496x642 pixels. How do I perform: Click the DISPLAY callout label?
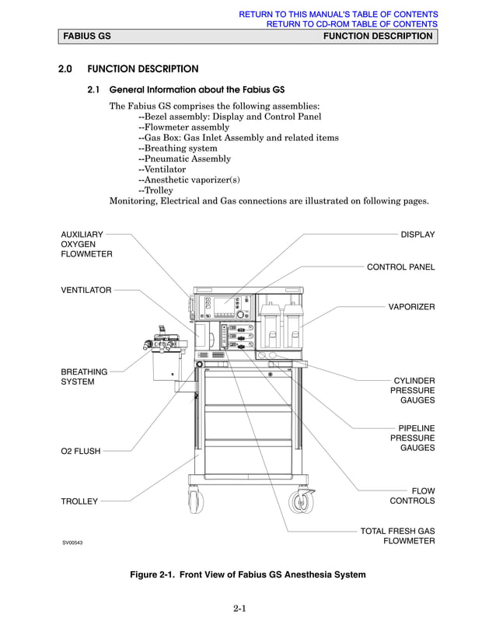tap(417, 235)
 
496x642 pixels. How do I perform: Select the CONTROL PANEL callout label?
tap(400, 267)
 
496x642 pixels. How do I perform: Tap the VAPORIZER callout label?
tap(411, 307)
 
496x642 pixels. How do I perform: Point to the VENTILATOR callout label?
tap(86, 290)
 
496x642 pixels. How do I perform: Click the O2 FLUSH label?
tap(81, 452)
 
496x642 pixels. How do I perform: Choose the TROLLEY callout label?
tap(79, 501)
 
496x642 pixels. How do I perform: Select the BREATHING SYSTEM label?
tap(84, 377)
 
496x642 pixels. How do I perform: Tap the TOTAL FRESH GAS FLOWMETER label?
tap(397, 536)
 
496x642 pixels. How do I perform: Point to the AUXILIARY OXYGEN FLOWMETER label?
tap(86, 244)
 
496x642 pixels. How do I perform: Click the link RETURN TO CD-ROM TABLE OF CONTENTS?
tap(352, 24)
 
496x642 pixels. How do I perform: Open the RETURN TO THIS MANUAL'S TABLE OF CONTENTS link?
tap(338, 14)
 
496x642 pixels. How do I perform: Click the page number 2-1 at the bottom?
tap(239, 608)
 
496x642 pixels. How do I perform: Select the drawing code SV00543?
tap(72, 543)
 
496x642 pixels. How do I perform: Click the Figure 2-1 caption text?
tap(247, 574)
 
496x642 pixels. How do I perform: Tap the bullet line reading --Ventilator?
tap(162, 169)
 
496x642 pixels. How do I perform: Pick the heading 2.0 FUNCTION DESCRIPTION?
tap(128, 69)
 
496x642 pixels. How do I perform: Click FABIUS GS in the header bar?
tap(86, 37)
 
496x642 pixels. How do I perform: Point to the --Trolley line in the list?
tap(155, 190)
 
